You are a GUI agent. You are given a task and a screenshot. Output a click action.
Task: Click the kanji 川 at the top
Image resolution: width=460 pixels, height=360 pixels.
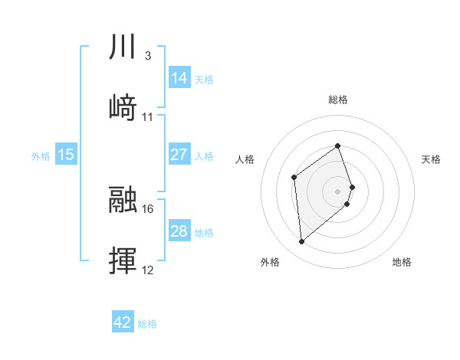click(x=123, y=47)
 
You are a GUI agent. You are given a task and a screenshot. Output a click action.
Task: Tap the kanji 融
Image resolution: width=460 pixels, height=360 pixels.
click(x=123, y=200)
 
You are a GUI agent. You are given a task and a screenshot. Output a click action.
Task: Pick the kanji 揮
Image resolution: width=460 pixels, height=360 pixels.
click(x=123, y=260)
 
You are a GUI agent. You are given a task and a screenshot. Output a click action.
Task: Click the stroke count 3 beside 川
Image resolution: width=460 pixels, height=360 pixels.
click(x=147, y=57)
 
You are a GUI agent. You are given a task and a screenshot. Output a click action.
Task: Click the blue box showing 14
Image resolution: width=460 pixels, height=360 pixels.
click(x=179, y=77)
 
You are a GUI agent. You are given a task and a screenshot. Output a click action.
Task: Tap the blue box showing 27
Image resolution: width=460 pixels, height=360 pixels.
click(x=179, y=155)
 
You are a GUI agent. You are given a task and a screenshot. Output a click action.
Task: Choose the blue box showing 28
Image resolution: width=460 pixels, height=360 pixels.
click(x=179, y=231)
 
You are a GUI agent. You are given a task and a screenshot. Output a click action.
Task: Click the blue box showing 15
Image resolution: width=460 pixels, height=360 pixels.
click(x=66, y=155)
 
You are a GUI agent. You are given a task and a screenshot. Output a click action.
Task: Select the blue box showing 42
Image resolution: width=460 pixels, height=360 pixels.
click(x=123, y=322)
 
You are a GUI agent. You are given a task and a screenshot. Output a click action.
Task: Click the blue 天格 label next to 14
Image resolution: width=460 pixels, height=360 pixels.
click(x=204, y=79)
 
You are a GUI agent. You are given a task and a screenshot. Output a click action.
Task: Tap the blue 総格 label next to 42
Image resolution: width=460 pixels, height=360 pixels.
click(x=147, y=324)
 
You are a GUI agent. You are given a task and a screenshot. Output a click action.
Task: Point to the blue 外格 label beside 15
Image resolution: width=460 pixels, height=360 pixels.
click(x=41, y=156)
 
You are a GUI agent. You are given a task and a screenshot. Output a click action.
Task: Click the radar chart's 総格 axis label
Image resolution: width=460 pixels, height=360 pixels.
click(x=337, y=100)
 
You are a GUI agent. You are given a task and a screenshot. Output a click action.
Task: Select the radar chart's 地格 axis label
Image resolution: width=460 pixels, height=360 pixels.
click(x=402, y=263)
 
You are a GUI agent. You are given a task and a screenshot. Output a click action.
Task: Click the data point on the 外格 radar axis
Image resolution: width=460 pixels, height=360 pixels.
click(x=301, y=242)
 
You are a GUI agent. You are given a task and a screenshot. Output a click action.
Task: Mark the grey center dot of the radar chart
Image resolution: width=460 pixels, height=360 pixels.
click(x=337, y=190)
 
